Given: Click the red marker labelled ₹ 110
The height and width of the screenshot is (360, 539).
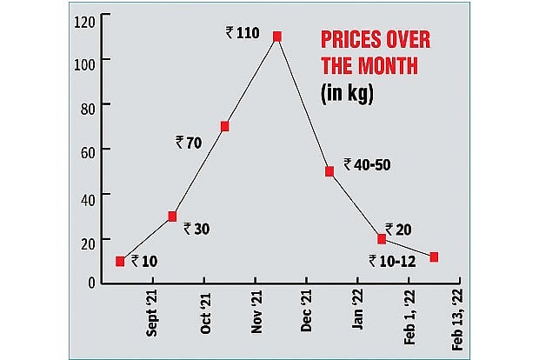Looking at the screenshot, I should (277, 37).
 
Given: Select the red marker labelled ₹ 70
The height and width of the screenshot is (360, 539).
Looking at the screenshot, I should (224, 126).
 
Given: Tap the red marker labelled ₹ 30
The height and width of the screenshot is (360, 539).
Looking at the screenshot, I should (172, 216).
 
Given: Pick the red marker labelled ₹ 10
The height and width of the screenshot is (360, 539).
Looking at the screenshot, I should (120, 261).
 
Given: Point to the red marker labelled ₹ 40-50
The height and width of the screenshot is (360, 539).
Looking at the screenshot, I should (329, 171).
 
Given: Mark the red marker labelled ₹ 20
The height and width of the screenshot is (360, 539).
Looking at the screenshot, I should (382, 238).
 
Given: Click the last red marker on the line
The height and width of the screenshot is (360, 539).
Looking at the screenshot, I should (434, 257).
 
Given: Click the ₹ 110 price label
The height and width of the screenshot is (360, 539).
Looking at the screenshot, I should (242, 33).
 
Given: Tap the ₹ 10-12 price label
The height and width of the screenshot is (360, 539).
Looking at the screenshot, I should (392, 260).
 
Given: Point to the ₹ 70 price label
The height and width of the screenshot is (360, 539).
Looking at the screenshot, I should (189, 142).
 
